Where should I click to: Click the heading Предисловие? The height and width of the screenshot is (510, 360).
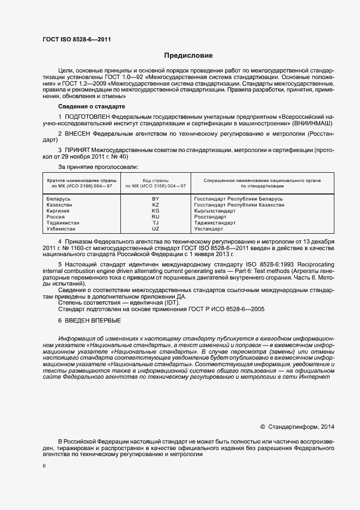pos(188,56)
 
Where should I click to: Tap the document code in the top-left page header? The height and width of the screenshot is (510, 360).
pos(77,39)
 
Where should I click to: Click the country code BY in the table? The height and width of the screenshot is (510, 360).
pos(155,199)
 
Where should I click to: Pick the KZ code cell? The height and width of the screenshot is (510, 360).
pos(155,205)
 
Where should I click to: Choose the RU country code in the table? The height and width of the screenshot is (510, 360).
pos(155,217)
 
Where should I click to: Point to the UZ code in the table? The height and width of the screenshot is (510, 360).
pos(155,229)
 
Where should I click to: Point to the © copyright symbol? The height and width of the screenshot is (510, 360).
pos(263,427)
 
